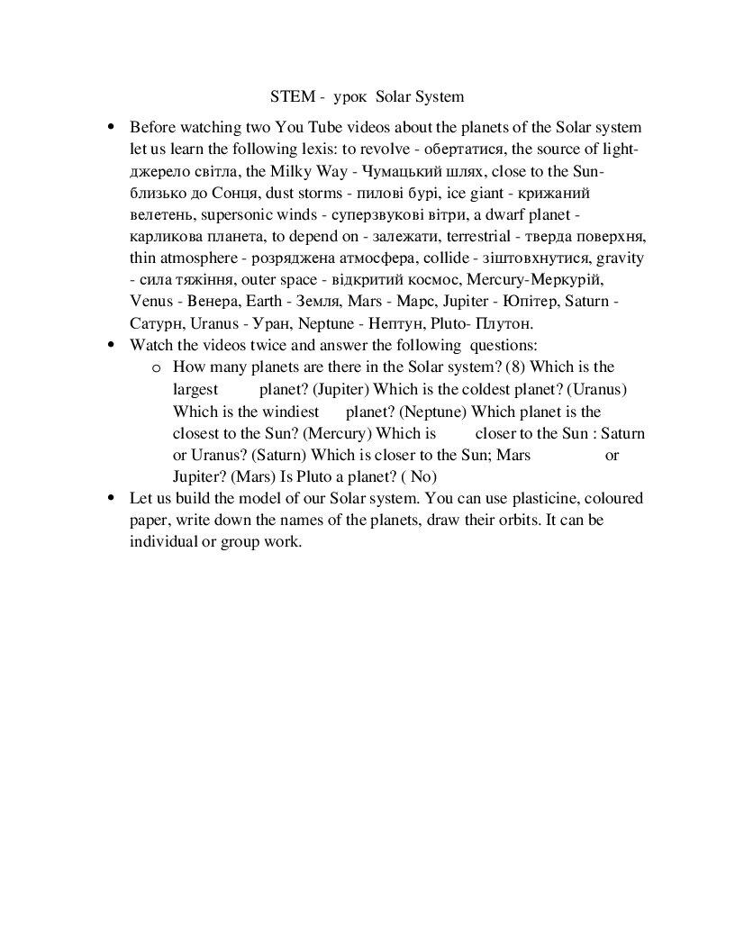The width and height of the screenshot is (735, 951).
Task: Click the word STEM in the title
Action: [x=288, y=95]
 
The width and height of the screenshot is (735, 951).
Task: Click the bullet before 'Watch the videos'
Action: [x=112, y=345]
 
